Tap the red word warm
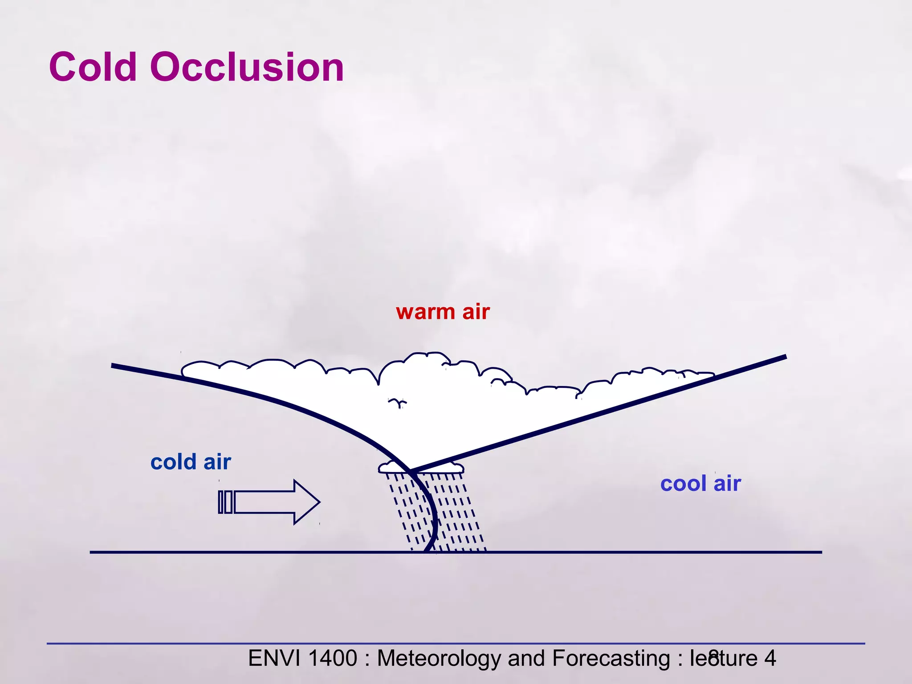coord(425,312)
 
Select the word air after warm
coord(476,312)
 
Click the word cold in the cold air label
coord(173,462)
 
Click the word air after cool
coord(727,484)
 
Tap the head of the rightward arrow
coord(307,502)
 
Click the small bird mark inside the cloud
coord(397,403)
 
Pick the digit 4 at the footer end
coord(770,658)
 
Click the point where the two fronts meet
coord(410,471)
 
